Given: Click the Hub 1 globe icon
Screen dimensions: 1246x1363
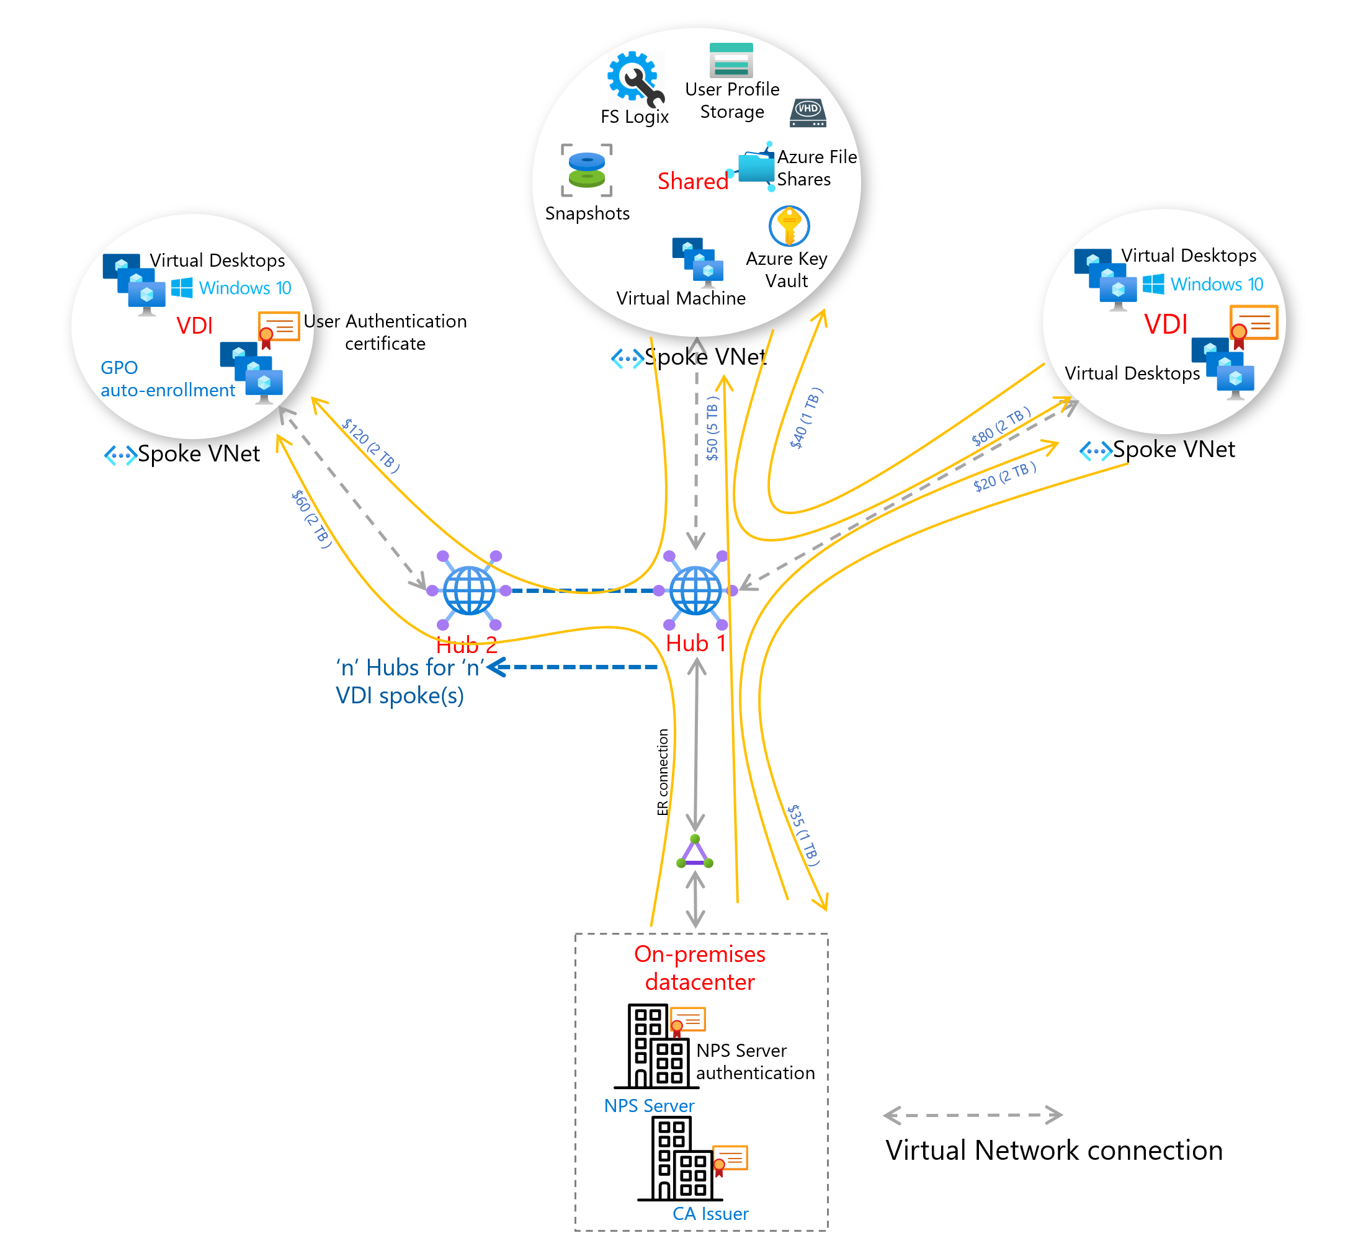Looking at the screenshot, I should (x=695, y=590).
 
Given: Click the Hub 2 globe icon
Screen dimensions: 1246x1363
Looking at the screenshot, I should (x=469, y=590).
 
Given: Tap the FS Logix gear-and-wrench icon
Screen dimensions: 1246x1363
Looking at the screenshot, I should (x=634, y=78).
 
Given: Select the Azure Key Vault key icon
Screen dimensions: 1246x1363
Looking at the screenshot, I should (x=789, y=226).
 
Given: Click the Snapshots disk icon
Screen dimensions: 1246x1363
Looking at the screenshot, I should (x=587, y=170).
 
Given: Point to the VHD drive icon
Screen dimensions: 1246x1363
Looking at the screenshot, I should (x=808, y=113).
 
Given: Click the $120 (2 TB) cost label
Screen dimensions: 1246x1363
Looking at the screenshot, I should (x=370, y=445).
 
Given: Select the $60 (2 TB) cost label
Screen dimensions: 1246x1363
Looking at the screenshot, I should (x=311, y=518).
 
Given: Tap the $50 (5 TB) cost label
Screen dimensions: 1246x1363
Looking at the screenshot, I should (x=713, y=429).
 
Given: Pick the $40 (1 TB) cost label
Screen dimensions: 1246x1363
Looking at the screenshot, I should (x=806, y=419).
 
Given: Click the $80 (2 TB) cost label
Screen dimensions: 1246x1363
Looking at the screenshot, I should (x=1001, y=426).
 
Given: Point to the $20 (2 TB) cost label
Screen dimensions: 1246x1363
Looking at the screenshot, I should (x=1004, y=476).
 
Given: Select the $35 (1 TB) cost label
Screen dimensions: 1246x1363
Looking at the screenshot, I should (x=804, y=835).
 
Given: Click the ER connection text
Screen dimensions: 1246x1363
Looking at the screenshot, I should (x=663, y=772).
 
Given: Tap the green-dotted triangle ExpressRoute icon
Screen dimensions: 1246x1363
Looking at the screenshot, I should (x=695, y=853).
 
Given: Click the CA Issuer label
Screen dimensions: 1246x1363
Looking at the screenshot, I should (x=710, y=1214).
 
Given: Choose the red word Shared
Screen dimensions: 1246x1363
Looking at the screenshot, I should (x=693, y=181).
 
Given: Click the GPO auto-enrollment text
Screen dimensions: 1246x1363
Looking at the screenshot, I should (x=168, y=378).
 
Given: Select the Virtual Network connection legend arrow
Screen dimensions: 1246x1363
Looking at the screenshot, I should (x=973, y=1116).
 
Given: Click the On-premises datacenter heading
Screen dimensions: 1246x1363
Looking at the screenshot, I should (x=700, y=968).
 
